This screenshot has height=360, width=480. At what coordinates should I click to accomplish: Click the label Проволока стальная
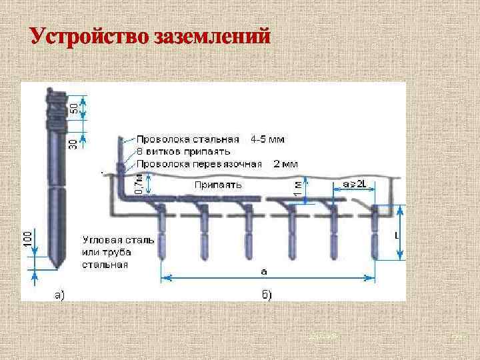click(x=188, y=140)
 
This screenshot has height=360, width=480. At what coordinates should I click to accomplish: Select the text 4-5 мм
click(x=268, y=140)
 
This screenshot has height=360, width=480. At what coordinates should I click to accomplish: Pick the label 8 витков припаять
click(x=184, y=151)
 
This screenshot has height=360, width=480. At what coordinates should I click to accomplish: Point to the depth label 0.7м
click(x=137, y=184)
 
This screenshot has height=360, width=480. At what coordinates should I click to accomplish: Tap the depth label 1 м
click(x=297, y=189)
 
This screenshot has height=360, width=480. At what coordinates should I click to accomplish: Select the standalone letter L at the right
click(x=397, y=236)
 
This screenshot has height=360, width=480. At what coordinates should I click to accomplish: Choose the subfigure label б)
click(x=265, y=294)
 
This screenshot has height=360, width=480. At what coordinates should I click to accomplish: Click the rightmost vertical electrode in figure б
click(x=375, y=233)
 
